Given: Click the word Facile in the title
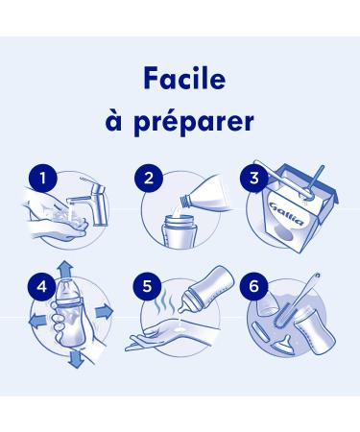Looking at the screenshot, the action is (184, 79).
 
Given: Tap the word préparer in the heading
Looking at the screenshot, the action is (194, 123).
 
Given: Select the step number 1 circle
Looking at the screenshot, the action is (42, 178).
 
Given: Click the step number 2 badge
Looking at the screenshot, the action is (149, 178).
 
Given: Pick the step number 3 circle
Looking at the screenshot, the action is (254, 178).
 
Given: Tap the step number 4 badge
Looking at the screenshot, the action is (42, 286).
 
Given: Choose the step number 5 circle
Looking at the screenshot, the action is (147, 286).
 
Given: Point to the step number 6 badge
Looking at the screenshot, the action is (253, 286).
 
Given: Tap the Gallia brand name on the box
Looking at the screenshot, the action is (286, 213).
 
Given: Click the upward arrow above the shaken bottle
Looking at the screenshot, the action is (66, 270).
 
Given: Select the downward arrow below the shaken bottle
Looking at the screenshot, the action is (76, 358).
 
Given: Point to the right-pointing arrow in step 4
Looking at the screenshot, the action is (105, 311).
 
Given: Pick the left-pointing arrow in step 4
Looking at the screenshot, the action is (37, 320).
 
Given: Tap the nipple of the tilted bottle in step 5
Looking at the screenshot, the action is (184, 306).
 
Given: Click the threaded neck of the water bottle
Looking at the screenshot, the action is (185, 201).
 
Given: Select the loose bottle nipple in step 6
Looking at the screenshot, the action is (283, 346).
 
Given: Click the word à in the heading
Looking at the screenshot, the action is (114, 121).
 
